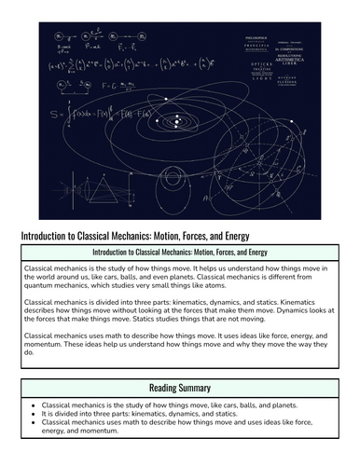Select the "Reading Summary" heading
pos(180,388)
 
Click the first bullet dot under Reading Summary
pos(34,406)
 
